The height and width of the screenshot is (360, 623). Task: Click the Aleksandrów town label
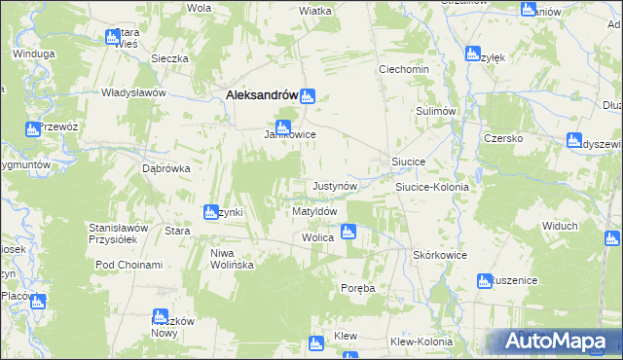tap(260, 95)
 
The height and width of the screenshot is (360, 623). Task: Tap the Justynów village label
tap(336, 186)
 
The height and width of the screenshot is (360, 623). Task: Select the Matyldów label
tap(314, 211)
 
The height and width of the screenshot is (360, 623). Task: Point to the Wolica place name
tap(318, 237)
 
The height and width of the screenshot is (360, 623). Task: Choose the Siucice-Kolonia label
tap(431, 187)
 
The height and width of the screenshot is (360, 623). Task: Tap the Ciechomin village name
tap(404, 71)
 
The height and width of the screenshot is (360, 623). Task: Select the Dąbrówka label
tap(165, 167)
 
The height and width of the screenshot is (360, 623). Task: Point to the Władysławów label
tap(135, 92)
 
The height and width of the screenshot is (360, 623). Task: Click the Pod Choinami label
tap(128, 265)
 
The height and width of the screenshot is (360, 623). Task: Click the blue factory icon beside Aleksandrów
tap(308, 95)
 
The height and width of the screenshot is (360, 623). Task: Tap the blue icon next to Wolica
tap(348, 232)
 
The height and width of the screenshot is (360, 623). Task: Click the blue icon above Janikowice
tap(283, 126)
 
